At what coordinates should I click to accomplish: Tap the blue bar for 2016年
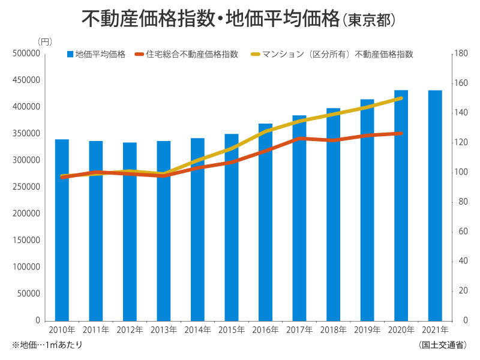(265, 222)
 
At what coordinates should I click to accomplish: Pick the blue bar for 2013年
(164, 230)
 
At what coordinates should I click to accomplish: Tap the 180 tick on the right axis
(461, 53)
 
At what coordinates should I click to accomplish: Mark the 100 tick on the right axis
(461, 172)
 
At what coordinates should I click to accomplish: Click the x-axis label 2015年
(232, 330)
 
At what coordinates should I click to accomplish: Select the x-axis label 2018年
(333, 330)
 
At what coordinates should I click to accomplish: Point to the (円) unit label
(45, 41)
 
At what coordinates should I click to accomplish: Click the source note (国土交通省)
(443, 345)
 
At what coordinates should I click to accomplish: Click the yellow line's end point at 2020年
(401, 98)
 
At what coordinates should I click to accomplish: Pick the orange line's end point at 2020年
(401, 133)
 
